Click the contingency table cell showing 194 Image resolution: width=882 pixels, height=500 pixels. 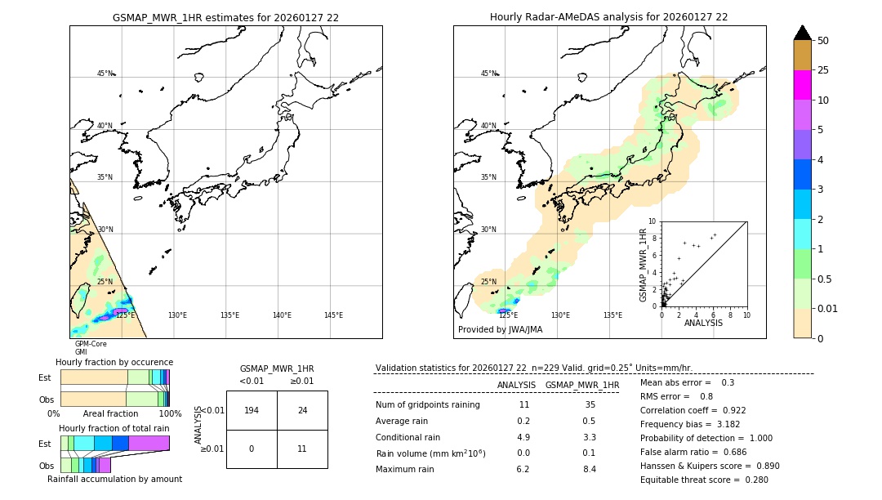pyautogui.click(x=252, y=410)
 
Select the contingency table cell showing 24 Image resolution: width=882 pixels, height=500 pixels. pyautogui.click(x=302, y=410)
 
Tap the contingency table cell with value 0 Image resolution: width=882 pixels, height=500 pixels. pyautogui.click(x=252, y=449)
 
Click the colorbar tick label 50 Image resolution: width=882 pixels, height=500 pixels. pyautogui.click(x=823, y=41)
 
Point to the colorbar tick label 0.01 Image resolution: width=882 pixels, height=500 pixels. pyautogui.click(x=828, y=308)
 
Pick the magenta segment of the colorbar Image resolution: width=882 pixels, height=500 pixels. pyautogui.click(x=802, y=85)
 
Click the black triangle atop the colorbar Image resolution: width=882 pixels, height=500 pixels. pyautogui.click(x=802, y=33)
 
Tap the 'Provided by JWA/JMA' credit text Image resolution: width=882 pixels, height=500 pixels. pyautogui.click(x=500, y=330)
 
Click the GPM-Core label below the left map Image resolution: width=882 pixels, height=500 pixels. pyautogui.click(x=91, y=344)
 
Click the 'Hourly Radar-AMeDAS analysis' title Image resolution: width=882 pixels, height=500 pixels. pyautogui.click(x=608, y=17)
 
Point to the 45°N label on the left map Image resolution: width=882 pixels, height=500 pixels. pyautogui.click(x=105, y=74)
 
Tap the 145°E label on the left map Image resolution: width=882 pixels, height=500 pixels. pyautogui.click(x=333, y=315)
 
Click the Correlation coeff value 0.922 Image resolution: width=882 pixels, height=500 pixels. pyautogui.click(x=728, y=410)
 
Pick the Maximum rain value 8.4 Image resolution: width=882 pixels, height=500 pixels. pyautogui.click(x=589, y=469)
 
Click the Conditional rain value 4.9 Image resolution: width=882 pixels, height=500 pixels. pyautogui.click(x=523, y=437)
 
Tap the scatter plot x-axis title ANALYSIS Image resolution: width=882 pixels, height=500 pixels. pyautogui.click(x=703, y=323)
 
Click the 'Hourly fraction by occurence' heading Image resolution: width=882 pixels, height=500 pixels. pyautogui.click(x=114, y=362)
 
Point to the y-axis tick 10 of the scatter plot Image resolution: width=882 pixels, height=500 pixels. pyautogui.click(x=652, y=221)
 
